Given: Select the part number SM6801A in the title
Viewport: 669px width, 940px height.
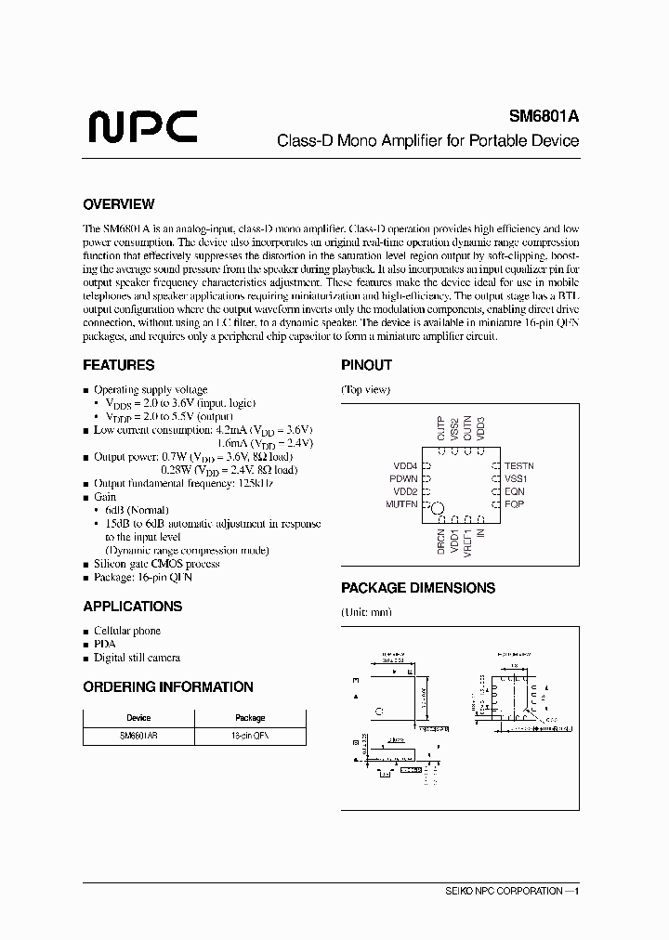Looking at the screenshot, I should pyautogui.click(x=544, y=117).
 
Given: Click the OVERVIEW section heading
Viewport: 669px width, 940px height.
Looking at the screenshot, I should pyautogui.click(x=118, y=204).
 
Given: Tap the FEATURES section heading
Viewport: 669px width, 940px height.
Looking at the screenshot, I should pyautogui.click(x=118, y=365).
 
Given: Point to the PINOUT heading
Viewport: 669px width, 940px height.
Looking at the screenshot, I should pyautogui.click(x=366, y=365).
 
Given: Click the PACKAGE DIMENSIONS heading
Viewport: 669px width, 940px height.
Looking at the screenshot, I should pyautogui.click(x=417, y=588).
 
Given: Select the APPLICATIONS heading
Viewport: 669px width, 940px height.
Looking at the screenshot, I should pyautogui.click(x=132, y=607).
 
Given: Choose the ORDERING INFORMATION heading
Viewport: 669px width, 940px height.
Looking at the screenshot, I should pyautogui.click(x=167, y=687).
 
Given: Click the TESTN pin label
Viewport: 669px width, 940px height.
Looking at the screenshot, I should pyautogui.click(x=518, y=465).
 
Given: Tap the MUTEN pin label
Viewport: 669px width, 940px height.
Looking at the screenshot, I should pyautogui.click(x=401, y=504).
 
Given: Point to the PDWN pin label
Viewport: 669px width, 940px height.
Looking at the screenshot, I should pyautogui.click(x=403, y=478).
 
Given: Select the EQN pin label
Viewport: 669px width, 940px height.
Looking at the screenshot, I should pyautogui.click(x=514, y=491).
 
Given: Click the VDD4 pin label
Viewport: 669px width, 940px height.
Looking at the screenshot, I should pyautogui.click(x=405, y=465).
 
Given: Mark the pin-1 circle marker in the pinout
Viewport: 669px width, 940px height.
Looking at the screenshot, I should pyautogui.click(x=438, y=509).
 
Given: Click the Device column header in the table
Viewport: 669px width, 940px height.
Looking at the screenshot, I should pyautogui.click(x=138, y=718).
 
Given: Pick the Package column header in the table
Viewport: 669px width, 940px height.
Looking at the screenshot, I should pyautogui.click(x=250, y=718).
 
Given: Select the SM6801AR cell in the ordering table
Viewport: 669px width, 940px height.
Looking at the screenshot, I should pyautogui.click(x=138, y=735).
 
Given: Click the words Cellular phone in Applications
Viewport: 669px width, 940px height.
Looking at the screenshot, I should pyautogui.click(x=127, y=631).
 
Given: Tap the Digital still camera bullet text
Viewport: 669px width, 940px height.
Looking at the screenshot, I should pyautogui.click(x=137, y=658).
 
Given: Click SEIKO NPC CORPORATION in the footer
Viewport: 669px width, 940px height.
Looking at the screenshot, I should pyautogui.click(x=508, y=891).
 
